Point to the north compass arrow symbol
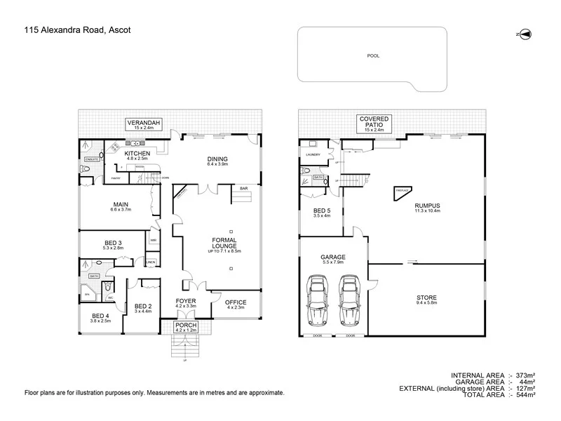click(x=525, y=34)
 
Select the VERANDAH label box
click(x=144, y=126)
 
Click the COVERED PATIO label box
click(x=374, y=123)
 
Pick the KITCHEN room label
click(x=137, y=155)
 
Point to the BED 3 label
click(x=113, y=245)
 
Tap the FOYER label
click(x=186, y=303)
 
